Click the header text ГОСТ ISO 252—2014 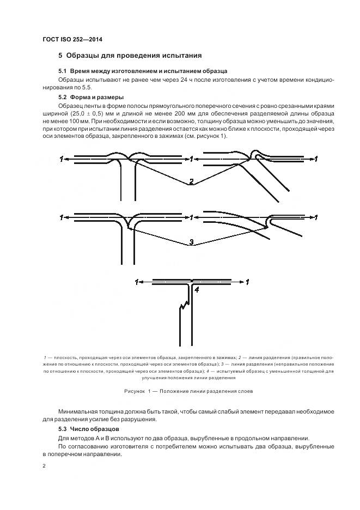click(x=72, y=39)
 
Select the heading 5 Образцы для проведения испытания click(x=130, y=56)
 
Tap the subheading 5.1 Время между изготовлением click(x=143, y=71)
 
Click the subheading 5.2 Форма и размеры click(x=91, y=97)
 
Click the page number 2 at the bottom click(x=44, y=466)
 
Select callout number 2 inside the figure click(x=191, y=181)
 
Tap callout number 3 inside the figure click(x=191, y=242)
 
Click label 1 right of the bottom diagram click(x=248, y=282)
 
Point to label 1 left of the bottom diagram click(x=136, y=282)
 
